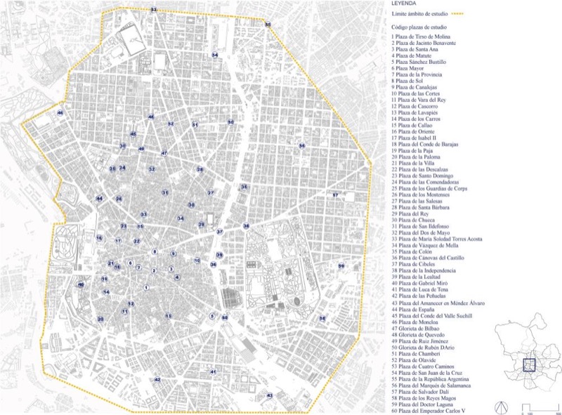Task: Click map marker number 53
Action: point(154,10)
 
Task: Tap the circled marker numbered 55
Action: point(268,25)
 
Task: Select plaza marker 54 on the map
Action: point(215,55)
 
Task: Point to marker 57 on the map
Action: point(336,195)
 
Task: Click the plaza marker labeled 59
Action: point(341,266)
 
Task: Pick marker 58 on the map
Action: point(322,318)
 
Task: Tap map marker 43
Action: point(270,396)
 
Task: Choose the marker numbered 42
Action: point(157,379)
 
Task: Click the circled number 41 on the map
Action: point(213,371)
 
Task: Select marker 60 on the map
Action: point(225,318)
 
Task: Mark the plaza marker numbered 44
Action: point(100,199)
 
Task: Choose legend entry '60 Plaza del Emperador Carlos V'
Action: point(436,411)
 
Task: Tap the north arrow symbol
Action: point(502,407)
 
